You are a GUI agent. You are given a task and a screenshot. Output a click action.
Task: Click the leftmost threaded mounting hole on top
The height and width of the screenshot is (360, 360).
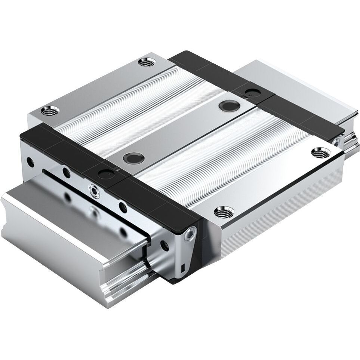click(50, 111)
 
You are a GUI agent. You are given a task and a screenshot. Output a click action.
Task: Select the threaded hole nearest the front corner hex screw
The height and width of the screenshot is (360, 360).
click(224, 212)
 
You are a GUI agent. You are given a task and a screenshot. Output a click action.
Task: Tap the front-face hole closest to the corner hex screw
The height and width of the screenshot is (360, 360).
click(163, 244)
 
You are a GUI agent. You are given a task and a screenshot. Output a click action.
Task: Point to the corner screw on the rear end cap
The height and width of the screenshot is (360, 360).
click(338, 141)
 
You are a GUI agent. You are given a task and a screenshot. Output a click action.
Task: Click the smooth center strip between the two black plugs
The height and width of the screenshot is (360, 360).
click(179, 131)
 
